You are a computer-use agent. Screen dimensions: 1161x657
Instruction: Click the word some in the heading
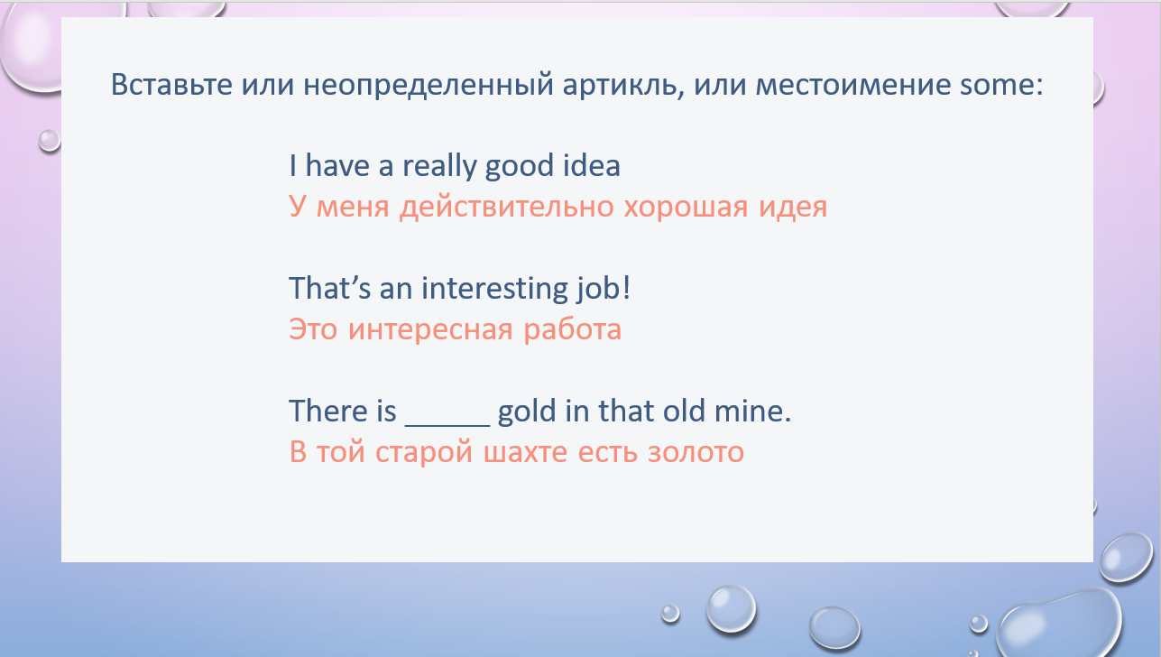[1000, 85]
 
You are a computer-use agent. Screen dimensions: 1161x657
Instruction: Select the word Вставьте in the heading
[171, 85]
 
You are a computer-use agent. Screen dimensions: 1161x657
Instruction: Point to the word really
[439, 166]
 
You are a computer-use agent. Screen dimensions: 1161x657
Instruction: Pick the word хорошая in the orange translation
[686, 207]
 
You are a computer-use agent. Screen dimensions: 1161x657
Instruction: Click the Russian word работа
[572, 329]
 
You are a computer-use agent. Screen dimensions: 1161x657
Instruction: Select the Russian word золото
[696, 452]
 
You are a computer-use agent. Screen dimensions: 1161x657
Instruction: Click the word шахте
[526, 452]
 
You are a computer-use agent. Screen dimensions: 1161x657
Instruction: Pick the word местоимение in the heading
[853, 85]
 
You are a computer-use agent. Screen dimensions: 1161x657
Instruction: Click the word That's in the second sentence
[329, 288]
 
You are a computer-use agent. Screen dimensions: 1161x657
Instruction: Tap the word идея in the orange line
[793, 208]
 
